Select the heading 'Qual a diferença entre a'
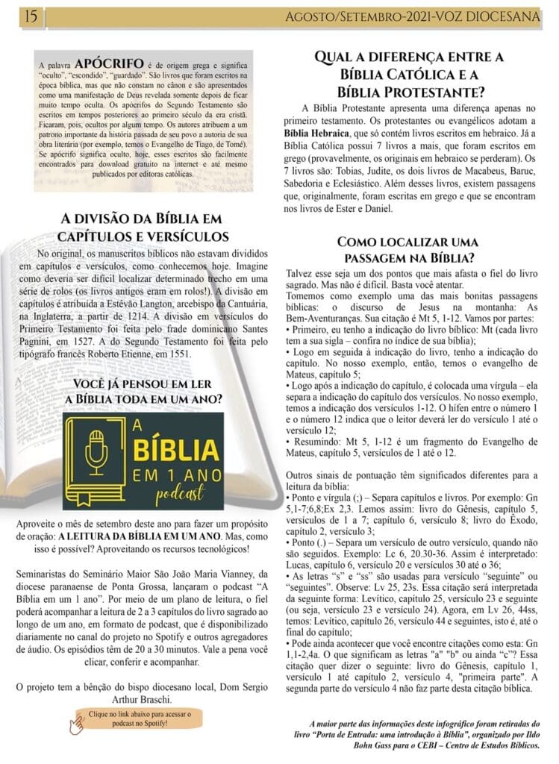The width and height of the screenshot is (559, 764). coord(409,57)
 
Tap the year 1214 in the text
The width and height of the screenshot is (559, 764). coord(175,317)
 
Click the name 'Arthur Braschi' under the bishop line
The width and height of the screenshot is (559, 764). coord(141,699)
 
